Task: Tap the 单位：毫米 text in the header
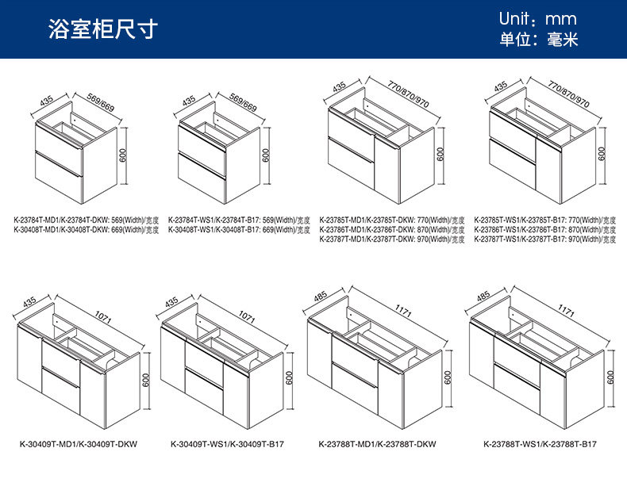[x=537, y=40]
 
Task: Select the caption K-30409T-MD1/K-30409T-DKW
[x=78, y=445]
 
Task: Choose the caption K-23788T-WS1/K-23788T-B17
[x=540, y=445]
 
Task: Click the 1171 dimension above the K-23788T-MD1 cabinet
[x=404, y=312]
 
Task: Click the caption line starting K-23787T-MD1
[x=392, y=239]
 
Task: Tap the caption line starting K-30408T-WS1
[x=239, y=230]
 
